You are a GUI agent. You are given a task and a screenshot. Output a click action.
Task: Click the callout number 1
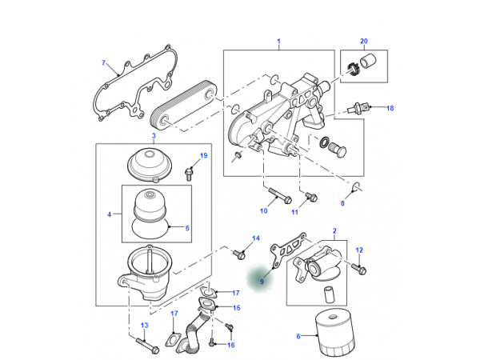(x=279, y=42)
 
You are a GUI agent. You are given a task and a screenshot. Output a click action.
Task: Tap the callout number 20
(x=363, y=42)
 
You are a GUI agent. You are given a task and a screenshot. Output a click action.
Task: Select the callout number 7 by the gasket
(x=103, y=63)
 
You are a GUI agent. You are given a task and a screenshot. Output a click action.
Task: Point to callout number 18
(x=390, y=108)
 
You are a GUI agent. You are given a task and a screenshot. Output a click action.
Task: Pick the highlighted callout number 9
(x=261, y=282)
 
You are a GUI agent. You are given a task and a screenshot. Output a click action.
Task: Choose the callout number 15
(x=236, y=307)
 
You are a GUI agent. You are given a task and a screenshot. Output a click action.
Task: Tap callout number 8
(x=342, y=204)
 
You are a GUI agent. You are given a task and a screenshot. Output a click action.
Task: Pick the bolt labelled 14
(x=238, y=254)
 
